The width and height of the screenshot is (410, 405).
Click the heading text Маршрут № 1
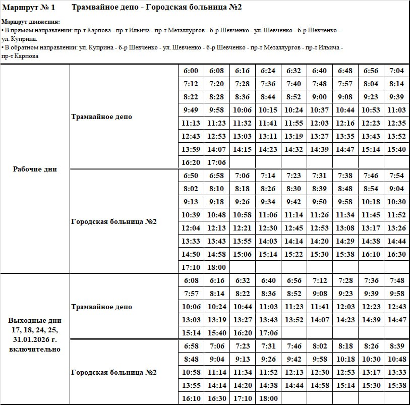29,8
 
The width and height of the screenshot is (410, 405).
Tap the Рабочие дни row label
35,169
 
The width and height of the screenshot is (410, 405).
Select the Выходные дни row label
35,320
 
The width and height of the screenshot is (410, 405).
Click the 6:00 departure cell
191,71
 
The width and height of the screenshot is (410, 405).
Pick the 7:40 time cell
294,84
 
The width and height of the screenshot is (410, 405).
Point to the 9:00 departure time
319,97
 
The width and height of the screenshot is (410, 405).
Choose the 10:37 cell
319,110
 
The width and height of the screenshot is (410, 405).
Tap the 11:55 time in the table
294,123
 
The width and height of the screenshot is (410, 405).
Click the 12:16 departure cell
345,123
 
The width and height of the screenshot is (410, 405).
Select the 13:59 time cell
191,149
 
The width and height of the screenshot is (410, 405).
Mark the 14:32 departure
294,149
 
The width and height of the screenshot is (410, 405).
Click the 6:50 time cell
191,176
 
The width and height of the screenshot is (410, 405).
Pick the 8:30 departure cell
294,189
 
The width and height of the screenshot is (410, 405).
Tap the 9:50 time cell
319,202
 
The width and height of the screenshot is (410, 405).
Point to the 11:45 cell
371,215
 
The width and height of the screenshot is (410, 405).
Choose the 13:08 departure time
345,228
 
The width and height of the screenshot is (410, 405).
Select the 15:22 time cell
294,254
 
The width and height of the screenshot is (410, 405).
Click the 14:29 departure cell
345,241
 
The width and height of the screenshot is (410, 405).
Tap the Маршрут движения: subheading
31,22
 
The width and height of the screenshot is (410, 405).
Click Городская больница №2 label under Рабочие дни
114,221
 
